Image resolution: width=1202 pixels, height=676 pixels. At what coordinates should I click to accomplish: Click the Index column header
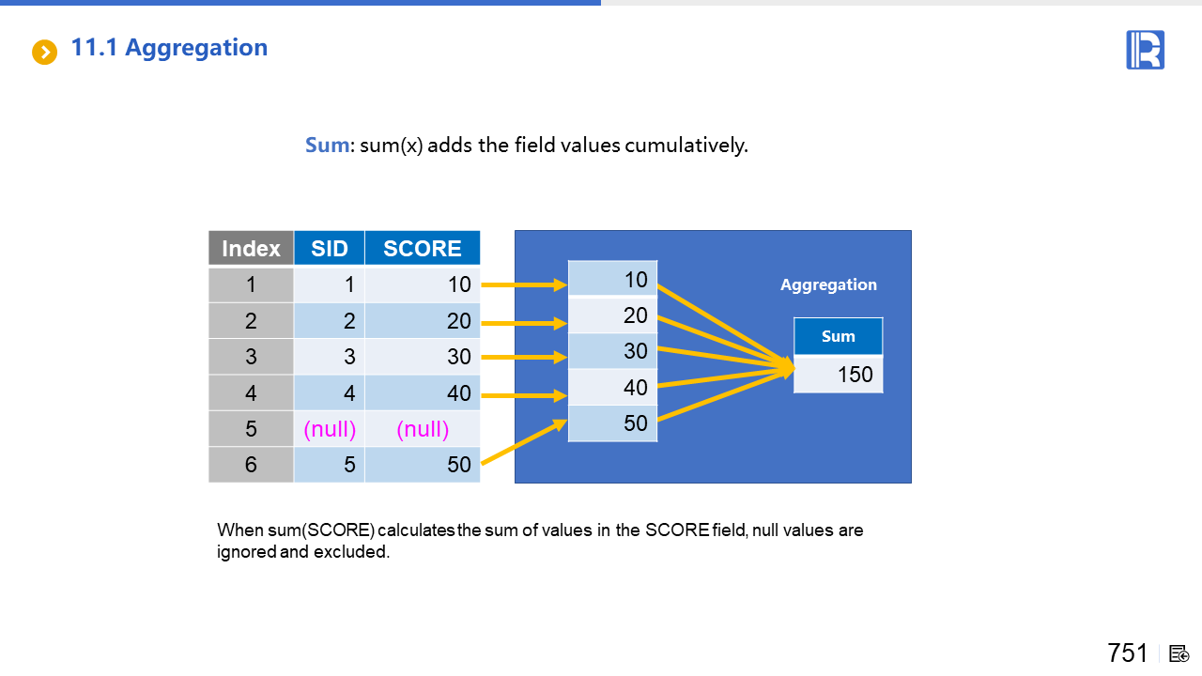pyautogui.click(x=251, y=249)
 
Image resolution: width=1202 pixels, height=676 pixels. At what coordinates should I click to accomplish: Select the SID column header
pyautogui.click(x=330, y=249)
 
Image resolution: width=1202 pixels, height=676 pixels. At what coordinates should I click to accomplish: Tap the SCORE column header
pyautogui.click(x=423, y=249)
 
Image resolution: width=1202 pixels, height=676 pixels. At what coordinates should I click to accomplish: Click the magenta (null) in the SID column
pyautogui.click(x=330, y=429)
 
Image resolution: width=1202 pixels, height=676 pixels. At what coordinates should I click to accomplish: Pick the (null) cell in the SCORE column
pyautogui.click(x=423, y=429)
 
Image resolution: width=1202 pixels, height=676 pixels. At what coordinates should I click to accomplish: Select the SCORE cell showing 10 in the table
pyautogui.click(x=423, y=284)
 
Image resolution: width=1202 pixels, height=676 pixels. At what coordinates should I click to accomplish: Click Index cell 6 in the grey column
pyautogui.click(x=251, y=465)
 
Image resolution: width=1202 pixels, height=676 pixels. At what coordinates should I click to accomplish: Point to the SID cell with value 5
pyautogui.click(x=330, y=465)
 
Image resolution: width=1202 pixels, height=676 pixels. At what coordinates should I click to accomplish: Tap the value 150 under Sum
pyautogui.click(x=855, y=374)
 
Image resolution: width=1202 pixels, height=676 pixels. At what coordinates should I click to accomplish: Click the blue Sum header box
pyautogui.click(x=839, y=336)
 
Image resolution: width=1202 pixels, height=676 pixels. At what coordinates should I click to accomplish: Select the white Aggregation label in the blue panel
pyautogui.click(x=828, y=284)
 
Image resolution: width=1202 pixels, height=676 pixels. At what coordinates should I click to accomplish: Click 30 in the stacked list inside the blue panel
pyautogui.click(x=612, y=351)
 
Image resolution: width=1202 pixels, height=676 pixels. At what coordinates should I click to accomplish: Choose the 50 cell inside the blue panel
pyautogui.click(x=612, y=423)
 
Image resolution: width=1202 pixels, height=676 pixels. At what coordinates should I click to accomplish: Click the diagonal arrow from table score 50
pyautogui.click(x=524, y=441)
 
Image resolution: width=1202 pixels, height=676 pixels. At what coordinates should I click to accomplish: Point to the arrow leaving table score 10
pyautogui.click(x=524, y=284)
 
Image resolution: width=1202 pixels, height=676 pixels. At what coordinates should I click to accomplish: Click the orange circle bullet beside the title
pyautogui.click(x=44, y=52)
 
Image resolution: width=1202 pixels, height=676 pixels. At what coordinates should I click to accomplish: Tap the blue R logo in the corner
pyautogui.click(x=1145, y=50)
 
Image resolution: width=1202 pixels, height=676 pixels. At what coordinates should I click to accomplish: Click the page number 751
pyautogui.click(x=1128, y=653)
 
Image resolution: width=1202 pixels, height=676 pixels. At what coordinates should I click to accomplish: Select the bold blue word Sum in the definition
pyautogui.click(x=328, y=145)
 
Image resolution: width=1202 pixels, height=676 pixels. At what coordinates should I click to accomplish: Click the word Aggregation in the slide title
pyautogui.click(x=196, y=48)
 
